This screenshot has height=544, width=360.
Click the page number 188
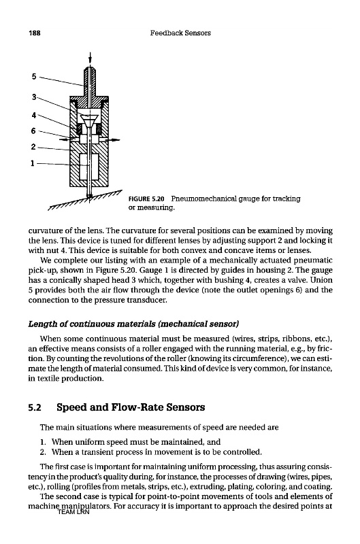coord(35,33)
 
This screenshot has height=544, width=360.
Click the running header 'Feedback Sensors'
coord(180,33)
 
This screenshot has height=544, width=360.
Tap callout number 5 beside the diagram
coord(33,76)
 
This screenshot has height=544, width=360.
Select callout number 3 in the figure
coord(34,97)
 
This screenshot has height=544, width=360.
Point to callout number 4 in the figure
coord(33,115)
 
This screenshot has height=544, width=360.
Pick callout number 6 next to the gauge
coord(33,131)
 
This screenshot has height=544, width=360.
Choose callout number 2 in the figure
coord(33,147)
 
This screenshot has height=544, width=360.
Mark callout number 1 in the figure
coord(32,163)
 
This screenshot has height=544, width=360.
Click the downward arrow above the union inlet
coord(91,58)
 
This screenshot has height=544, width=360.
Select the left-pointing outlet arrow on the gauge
coord(67,139)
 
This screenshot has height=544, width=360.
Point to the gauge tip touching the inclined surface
coord(89,197)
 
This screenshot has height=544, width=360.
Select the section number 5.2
coord(35,407)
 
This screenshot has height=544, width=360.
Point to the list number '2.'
coord(43,452)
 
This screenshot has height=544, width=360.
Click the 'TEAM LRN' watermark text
coord(73,512)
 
